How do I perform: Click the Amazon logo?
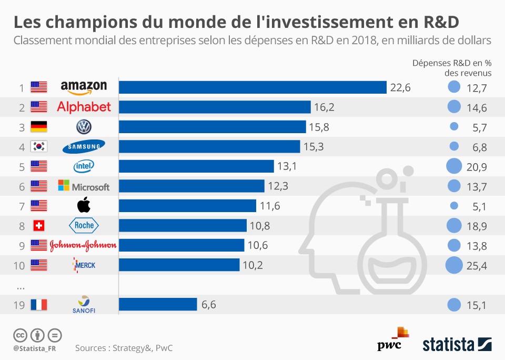[x=84, y=87]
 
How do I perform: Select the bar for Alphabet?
[x=215, y=107]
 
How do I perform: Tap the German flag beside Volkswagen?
[x=39, y=127]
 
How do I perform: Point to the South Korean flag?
[x=39, y=146]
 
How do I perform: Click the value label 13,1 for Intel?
[x=287, y=166]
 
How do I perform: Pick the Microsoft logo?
[x=84, y=186]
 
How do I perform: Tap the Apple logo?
[x=84, y=205]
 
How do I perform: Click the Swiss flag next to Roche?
[x=39, y=225]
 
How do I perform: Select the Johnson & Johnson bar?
[x=181, y=245]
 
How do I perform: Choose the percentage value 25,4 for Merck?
[x=477, y=265]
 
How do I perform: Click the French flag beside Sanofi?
[x=39, y=304]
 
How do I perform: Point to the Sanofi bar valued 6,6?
[x=158, y=304]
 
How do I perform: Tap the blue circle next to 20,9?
[x=453, y=166]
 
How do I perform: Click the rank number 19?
[x=18, y=305]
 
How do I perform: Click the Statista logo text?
[x=448, y=345]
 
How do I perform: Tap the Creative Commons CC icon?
[x=20, y=335]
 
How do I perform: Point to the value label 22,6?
[x=400, y=87]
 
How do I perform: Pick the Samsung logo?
[x=84, y=147]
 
